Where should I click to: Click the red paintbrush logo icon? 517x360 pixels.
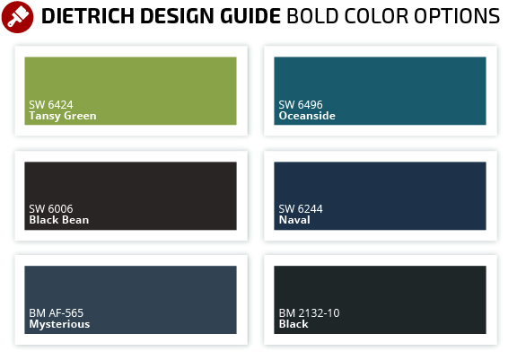coord(17,17)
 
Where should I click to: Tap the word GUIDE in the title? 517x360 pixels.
coord(250,16)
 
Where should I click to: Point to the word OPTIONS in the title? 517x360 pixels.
coord(457,16)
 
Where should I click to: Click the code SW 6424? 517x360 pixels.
coord(51,105)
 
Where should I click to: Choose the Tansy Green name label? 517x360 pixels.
coord(63,116)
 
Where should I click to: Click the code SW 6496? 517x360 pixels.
coord(301,105)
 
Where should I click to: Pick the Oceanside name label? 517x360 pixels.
coord(307,116)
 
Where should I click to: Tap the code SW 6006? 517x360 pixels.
coord(51,209)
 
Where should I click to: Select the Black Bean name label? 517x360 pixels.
coord(59,220)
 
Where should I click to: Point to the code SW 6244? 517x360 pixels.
coord(301,209)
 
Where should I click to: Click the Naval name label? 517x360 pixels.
coord(294,220)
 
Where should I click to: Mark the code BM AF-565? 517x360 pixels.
coord(56,313)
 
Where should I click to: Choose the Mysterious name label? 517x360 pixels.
coord(59,324)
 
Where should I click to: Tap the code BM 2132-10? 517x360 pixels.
coord(309,313)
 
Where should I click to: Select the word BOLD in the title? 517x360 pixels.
coord(312,16)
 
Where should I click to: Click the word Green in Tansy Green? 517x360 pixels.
coord(80,116)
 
